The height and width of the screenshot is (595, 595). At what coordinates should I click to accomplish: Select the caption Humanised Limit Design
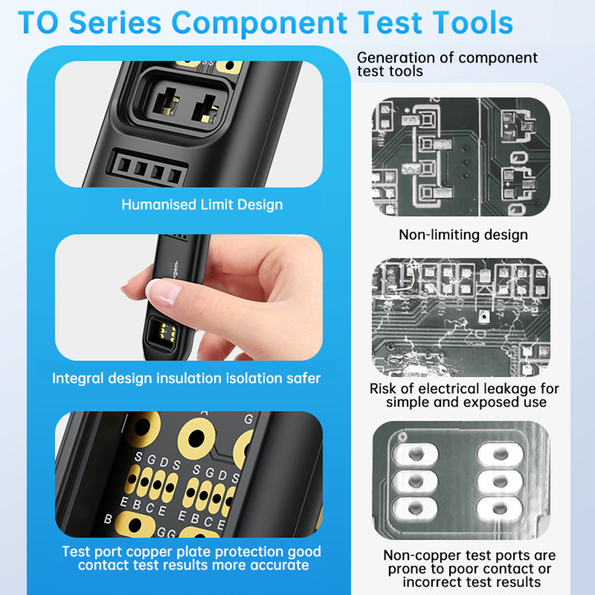[202, 205]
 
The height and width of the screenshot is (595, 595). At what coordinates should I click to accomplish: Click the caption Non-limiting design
[463, 234]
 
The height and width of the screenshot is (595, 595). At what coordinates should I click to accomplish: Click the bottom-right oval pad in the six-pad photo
[500, 507]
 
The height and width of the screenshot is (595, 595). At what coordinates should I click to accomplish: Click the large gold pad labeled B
[134, 524]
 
